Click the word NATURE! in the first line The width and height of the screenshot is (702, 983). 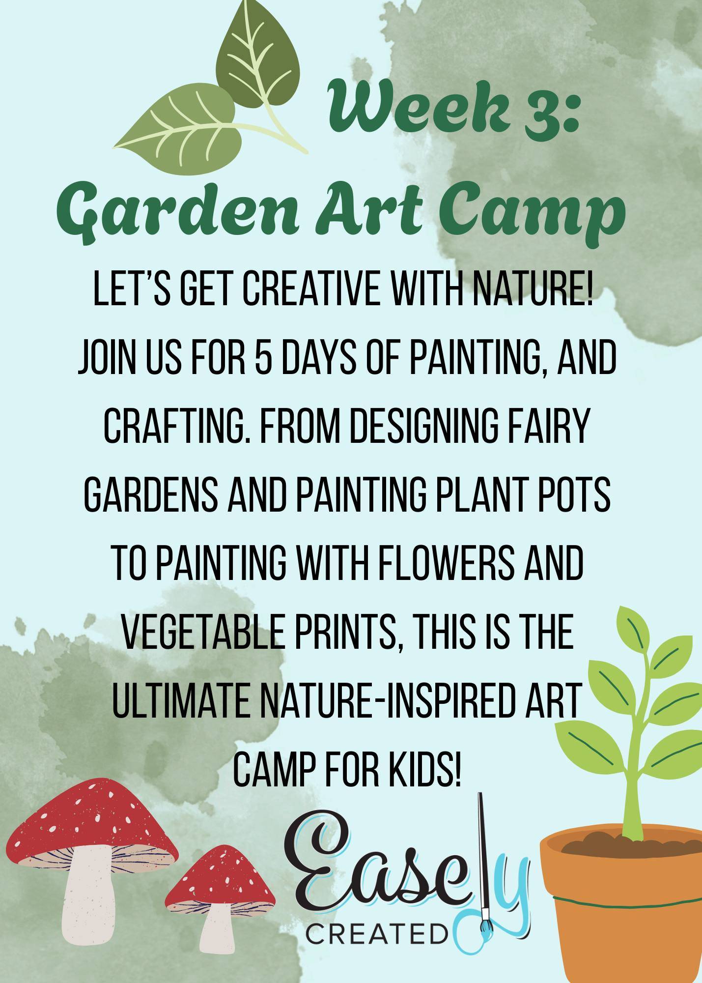pos(533,289)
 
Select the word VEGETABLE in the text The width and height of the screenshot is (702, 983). pos(203,633)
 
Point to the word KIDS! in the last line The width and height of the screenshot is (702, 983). pos(425,769)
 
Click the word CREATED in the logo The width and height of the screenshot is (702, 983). pos(376,934)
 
